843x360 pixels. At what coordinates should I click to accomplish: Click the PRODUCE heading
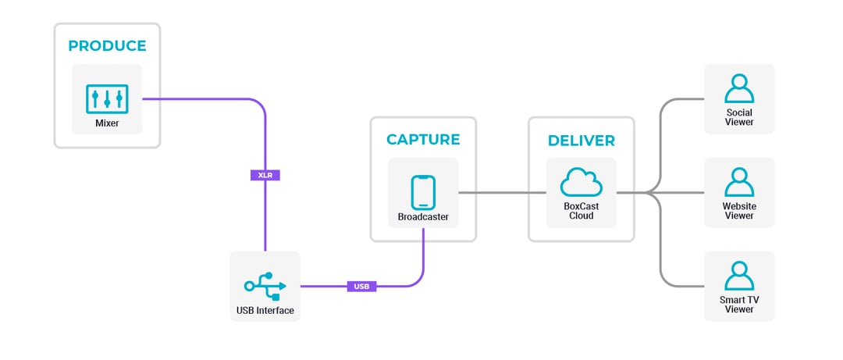click(107, 46)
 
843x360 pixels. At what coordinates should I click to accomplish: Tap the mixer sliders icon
click(107, 98)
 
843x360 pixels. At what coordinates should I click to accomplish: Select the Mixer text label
click(107, 123)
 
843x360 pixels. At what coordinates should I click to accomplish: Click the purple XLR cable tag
click(265, 176)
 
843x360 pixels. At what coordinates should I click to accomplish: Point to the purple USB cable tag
click(361, 287)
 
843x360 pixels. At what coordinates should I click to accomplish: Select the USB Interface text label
click(265, 311)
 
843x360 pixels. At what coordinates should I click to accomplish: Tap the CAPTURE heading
click(423, 140)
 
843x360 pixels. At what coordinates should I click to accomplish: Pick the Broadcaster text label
click(423, 217)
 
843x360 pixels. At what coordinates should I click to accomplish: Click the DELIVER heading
click(581, 141)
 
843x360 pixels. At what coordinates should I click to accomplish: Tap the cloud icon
click(581, 184)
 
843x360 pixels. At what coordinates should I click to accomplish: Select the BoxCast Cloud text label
click(581, 211)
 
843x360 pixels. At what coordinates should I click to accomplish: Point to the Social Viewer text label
click(739, 118)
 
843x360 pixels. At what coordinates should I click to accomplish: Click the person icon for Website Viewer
click(739, 183)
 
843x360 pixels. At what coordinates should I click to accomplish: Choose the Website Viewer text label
click(739, 211)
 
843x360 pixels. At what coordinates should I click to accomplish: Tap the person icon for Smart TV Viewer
click(739, 276)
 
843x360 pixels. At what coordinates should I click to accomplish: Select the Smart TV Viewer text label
click(739, 305)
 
